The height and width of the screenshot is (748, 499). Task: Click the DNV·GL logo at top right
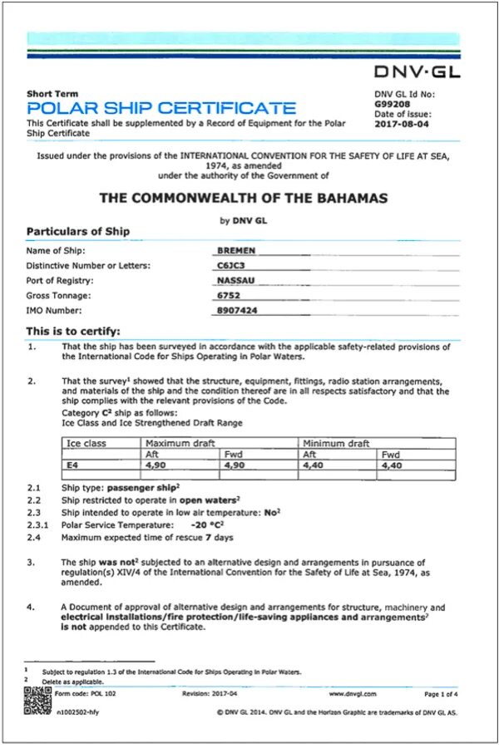click(x=417, y=71)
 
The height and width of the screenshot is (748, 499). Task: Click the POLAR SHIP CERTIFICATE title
click(x=161, y=108)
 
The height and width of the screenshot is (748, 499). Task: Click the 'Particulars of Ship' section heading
click(x=77, y=231)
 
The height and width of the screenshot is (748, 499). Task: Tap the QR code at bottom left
click(x=32, y=697)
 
